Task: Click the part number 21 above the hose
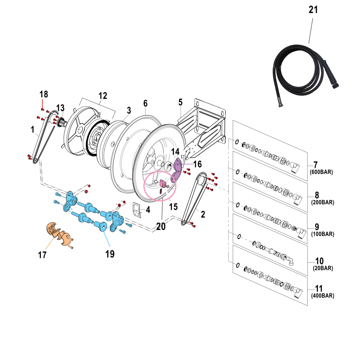click(x=313, y=10)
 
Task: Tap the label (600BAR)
click(x=321, y=172)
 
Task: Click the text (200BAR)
click(x=323, y=202)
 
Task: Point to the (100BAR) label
click(x=323, y=234)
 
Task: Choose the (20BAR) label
click(x=323, y=268)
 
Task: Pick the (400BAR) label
click(x=323, y=296)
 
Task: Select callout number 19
click(x=110, y=254)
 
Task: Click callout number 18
click(x=44, y=94)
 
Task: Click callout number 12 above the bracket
click(x=103, y=96)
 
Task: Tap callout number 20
click(x=161, y=226)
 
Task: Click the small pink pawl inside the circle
click(x=163, y=183)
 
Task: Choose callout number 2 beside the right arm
click(x=203, y=214)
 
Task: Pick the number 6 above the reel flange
click(x=145, y=103)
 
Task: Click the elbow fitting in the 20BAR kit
click(x=290, y=261)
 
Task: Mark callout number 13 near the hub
click(x=60, y=108)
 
